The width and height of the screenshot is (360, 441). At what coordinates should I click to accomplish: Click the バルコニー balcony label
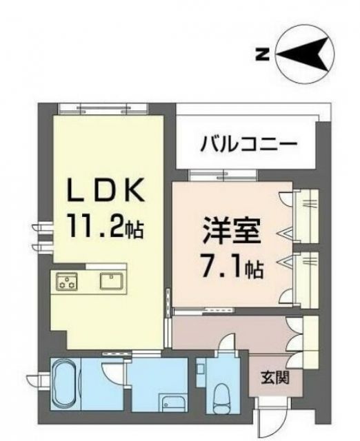249,145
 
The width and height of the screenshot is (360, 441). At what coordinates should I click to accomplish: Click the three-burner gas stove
67,282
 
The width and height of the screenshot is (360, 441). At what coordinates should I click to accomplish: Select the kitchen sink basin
112,281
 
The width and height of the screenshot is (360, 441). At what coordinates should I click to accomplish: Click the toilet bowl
222,397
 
